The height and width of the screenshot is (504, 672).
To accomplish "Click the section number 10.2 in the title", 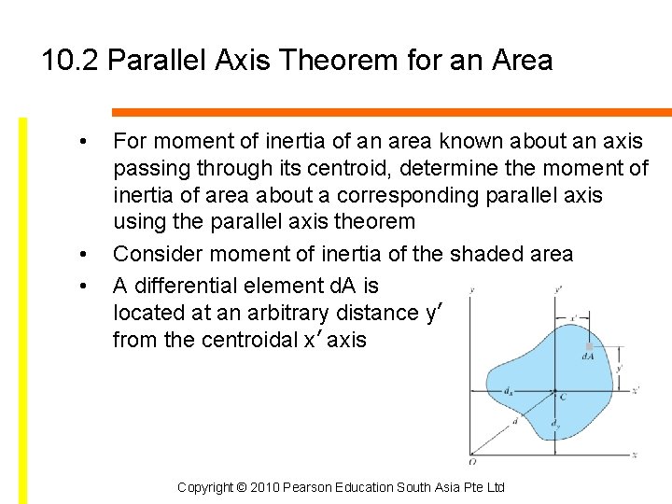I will [x=71, y=62].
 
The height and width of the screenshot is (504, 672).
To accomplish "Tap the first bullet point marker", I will [x=84, y=142].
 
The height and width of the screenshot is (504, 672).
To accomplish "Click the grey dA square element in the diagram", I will [x=589, y=346].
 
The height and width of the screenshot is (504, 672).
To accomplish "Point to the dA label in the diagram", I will [x=589, y=356].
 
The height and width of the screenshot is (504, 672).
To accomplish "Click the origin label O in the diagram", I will [x=473, y=461].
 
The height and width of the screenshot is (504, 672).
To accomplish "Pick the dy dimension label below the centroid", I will [x=554, y=424].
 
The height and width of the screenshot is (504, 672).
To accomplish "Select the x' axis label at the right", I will [x=636, y=390].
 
